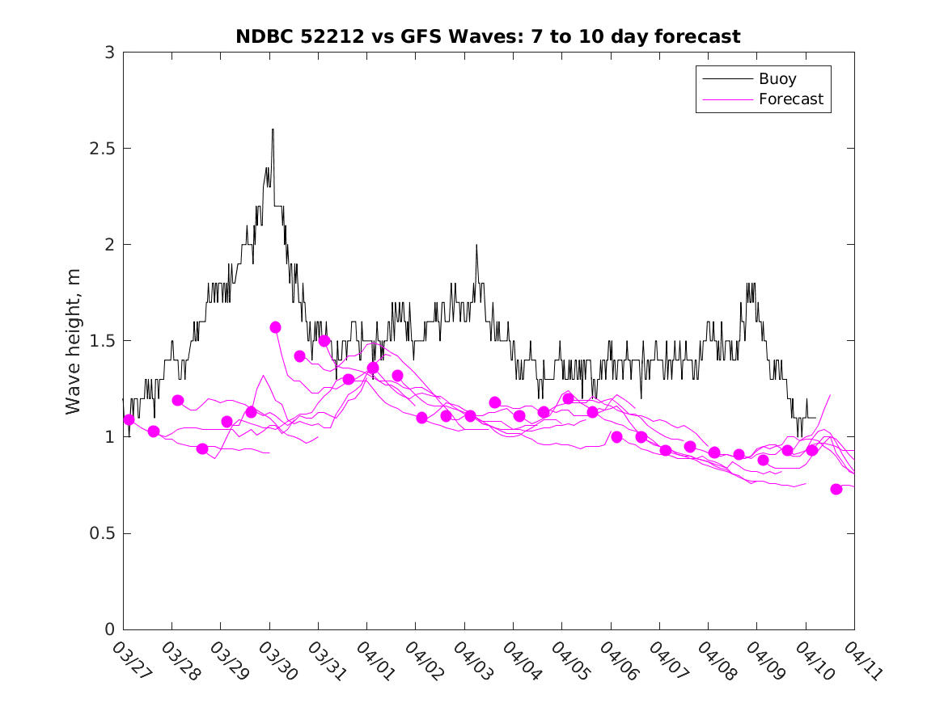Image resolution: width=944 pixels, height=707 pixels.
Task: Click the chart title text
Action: [x=488, y=36]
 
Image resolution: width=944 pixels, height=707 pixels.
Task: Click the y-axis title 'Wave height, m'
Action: [x=74, y=341]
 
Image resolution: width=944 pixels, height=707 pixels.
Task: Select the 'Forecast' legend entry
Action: [x=790, y=99]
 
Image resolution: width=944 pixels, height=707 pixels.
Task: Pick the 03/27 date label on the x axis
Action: [x=126, y=661]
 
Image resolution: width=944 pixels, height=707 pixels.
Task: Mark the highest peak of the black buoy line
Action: [x=273, y=129]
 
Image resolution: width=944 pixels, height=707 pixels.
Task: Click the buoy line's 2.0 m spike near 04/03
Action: [x=476, y=245]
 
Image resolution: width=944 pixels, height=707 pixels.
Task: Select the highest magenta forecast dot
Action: [x=275, y=327]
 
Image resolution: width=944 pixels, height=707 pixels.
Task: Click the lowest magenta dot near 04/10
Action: [x=836, y=489]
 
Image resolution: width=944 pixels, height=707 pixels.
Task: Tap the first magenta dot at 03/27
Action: [x=129, y=419]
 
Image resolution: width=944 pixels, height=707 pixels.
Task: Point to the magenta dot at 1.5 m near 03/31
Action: [x=324, y=341]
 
